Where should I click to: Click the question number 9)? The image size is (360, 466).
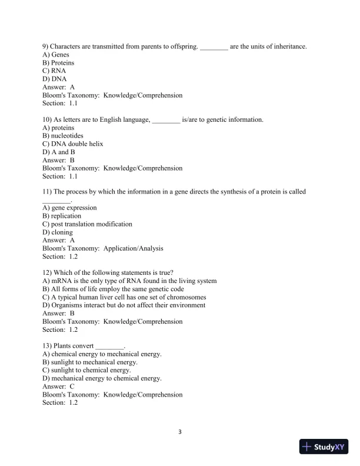pyautogui.click(x=46, y=46)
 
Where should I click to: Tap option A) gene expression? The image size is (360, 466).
pyautogui.click(x=69, y=208)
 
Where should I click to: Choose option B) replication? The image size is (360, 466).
pyautogui.click(x=62, y=216)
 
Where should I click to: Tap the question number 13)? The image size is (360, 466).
pyautogui.click(x=48, y=346)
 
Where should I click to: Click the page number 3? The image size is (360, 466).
pyautogui.click(x=180, y=432)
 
